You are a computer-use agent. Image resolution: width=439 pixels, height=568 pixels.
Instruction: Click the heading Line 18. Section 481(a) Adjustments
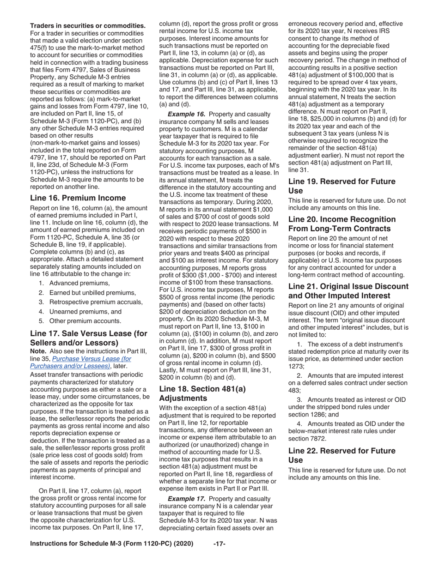point(202,393)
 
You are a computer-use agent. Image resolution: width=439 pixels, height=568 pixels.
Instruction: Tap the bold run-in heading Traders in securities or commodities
point(88,25)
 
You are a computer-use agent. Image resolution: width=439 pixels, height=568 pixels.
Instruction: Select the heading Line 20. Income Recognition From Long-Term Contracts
point(341,224)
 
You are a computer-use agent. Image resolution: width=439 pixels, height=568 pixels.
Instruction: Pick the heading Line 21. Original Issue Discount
point(348,291)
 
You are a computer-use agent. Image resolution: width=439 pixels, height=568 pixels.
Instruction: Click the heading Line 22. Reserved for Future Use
point(341,455)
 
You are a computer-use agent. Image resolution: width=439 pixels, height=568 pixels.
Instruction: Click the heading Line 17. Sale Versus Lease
point(88,338)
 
